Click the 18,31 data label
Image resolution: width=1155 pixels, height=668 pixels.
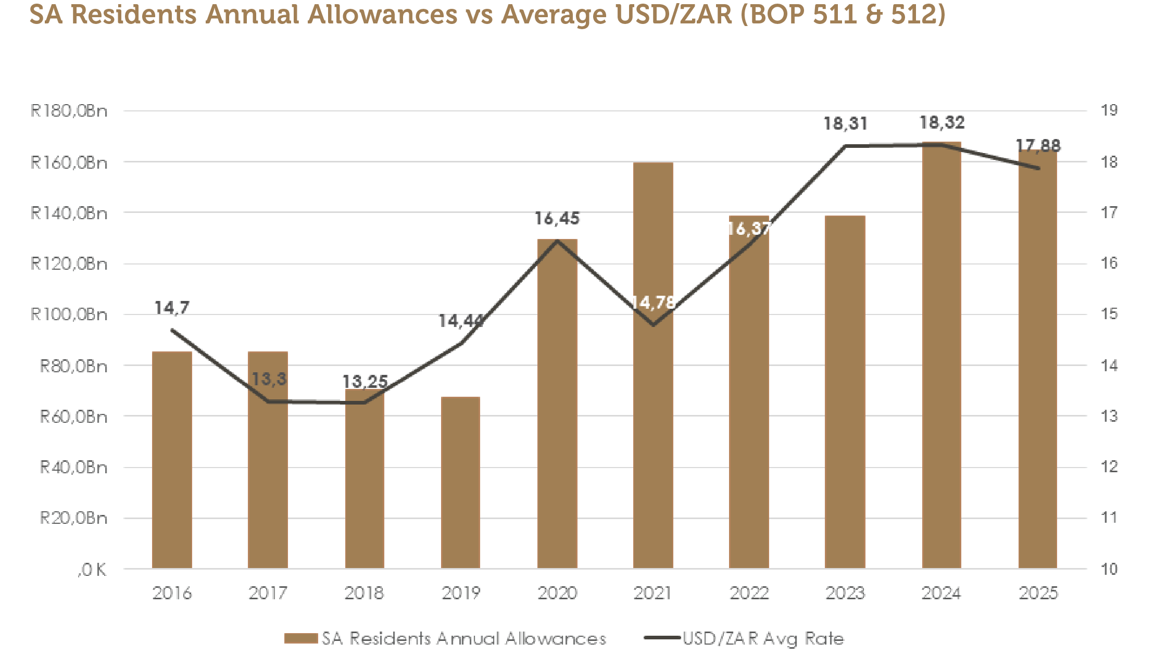tap(845, 124)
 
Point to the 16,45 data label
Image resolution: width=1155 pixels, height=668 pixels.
tap(557, 219)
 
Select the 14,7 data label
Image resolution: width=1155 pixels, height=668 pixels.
tap(172, 308)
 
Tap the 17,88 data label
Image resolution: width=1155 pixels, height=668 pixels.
tap(1038, 146)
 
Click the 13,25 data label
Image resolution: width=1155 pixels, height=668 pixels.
tap(365, 382)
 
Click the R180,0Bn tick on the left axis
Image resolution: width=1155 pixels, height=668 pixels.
tap(69, 111)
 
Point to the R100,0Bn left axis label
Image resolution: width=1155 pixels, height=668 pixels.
tap(69, 314)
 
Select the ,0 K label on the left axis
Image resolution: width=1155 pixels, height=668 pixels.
tap(92, 570)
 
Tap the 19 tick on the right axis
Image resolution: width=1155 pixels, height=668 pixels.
tap(1109, 110)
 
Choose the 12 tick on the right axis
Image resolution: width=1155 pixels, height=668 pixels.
tap(1109, 467)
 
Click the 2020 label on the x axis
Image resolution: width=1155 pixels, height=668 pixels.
tap(557, 593)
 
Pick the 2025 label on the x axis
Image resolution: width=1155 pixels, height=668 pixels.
tap(1038, 593)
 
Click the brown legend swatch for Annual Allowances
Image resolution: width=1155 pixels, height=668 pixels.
tap(301, 638)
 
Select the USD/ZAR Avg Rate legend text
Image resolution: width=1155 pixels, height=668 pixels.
tap(763, 638)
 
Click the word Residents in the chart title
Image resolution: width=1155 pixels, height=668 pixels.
tap(133, 15)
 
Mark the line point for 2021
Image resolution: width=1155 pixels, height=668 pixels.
tap(653, 325)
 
